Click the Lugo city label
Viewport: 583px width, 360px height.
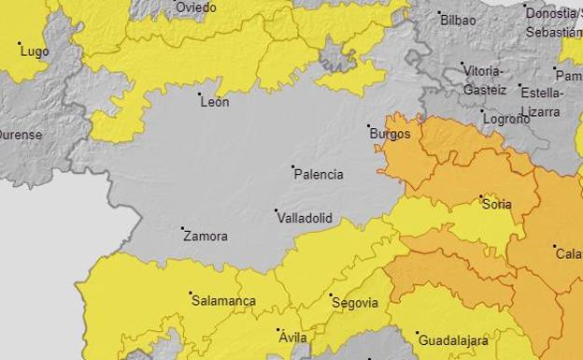[x=34, y=52]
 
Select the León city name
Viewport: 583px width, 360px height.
[x=215, y=102]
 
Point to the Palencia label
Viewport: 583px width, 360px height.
[x=319, y=175]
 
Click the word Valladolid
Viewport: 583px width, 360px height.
[x=305, y=218]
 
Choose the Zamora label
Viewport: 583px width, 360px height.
[x=206, y=237]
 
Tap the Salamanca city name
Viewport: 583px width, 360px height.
[x=223, y=301]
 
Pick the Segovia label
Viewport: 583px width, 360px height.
[x=356, y=303]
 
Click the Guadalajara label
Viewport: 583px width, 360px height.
[x=452, y=341]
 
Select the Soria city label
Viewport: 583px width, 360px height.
[x=497, y=205]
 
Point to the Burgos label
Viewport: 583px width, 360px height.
[x=391, y=135]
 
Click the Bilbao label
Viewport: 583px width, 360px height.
[x=458, y=21]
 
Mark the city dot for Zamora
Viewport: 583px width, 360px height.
[x=182, y=228]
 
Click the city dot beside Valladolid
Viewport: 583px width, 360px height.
[x=276, y=210]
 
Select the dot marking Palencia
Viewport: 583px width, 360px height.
[x=292, y=166]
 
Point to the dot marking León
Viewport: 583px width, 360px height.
[x=199, y=94]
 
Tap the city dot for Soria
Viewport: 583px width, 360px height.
[x=481, y=197]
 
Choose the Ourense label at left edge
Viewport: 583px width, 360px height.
[x=20, y=135]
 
